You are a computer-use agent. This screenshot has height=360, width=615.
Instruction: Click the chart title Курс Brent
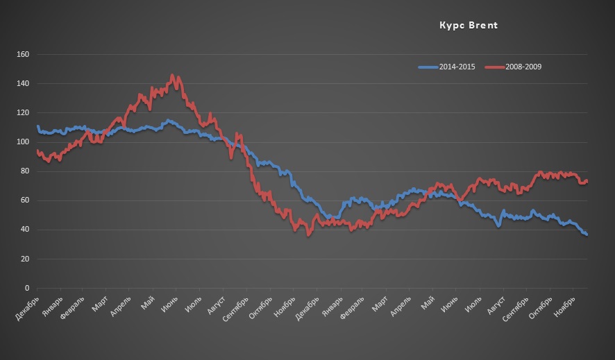tap(469, 26)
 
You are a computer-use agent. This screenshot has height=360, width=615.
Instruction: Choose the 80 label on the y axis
tap(25, 171)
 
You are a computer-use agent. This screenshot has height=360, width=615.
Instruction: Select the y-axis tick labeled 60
tap(25, 200)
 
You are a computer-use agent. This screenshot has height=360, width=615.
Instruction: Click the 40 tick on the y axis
tap(25, 230)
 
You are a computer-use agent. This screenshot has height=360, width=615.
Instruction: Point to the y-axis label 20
tap(25, 259)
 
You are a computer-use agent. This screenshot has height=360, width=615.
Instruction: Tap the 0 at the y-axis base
tap(27, 288)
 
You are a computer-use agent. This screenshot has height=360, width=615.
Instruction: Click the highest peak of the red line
tap(172, 76)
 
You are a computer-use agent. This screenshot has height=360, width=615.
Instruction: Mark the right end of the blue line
tap(587, 234)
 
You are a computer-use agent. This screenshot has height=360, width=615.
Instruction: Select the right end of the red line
tap(587, 181)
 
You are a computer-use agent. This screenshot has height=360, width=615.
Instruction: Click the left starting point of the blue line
tap(37, 126)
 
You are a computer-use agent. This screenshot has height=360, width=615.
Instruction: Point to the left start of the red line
tap(37, 151)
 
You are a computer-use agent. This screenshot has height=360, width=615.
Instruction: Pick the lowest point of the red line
tap(308, 235)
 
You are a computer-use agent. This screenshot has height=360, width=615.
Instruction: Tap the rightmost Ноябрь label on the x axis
tap(564, 305)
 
